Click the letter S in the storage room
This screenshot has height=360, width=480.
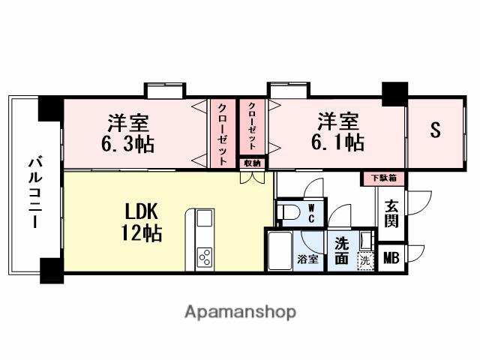click(434, 130)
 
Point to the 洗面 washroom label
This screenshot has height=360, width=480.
click(342, 250)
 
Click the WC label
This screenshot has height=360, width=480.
click(311, 214)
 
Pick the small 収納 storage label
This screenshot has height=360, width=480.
click(251, 163)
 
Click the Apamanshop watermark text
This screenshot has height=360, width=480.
click(240, 310)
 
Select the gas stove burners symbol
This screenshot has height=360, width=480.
click(205, 257)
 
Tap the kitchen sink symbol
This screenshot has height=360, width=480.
click(205, 221)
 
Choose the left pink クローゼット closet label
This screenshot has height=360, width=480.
click(223, 136)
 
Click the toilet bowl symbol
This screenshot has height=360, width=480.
click(286, 213)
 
